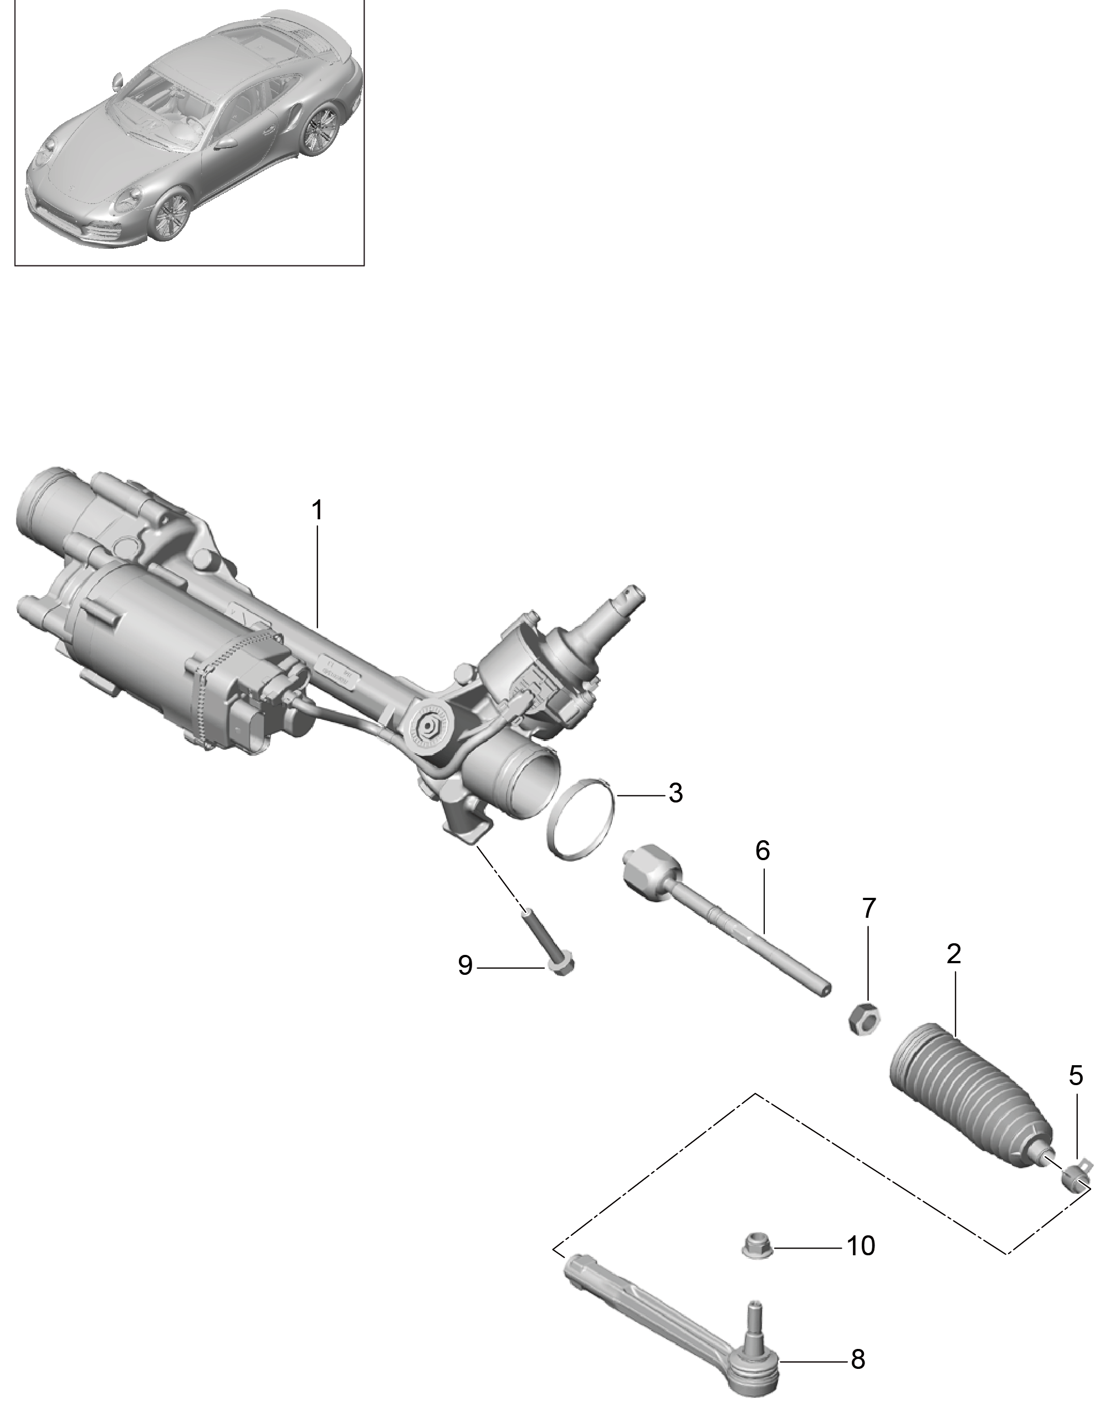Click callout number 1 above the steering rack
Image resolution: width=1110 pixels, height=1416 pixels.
pos(316,511)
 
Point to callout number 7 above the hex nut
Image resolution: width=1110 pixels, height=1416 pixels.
pos(869,908)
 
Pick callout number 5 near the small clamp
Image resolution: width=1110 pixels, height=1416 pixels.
pos(1076,1076)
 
